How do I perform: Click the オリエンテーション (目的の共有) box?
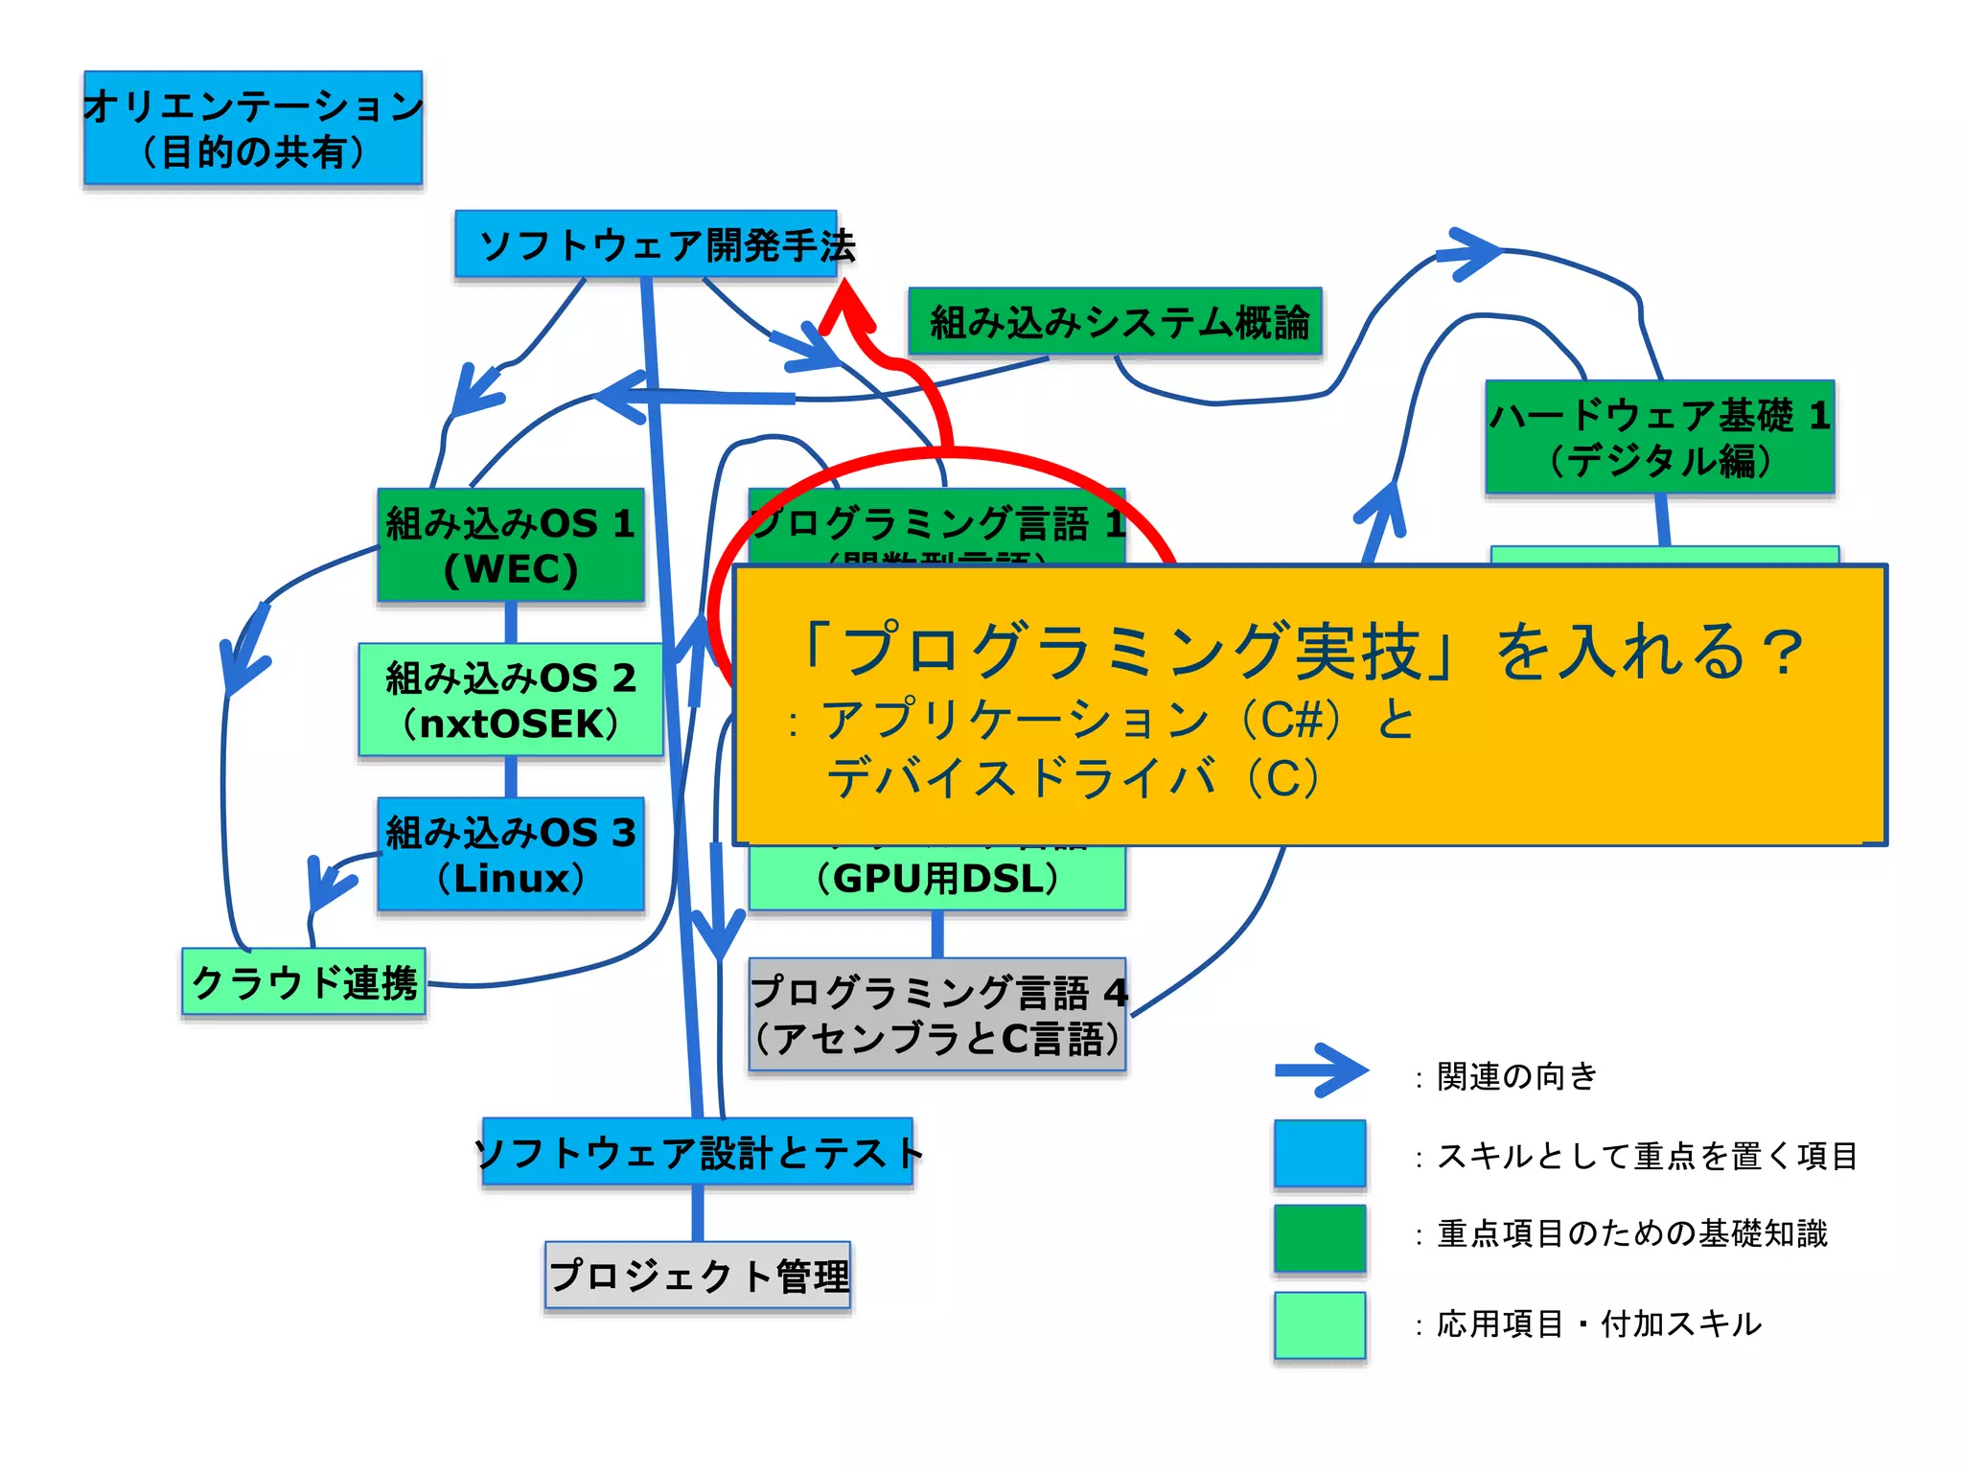click(253, 127)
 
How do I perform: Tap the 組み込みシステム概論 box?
click(1115, 322)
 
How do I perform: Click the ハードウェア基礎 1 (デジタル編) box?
click(1659, 437)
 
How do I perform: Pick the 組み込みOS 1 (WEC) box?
click(511, 545)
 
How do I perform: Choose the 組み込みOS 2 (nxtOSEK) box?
click(511, 701)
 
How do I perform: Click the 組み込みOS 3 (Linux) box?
click(511, 854)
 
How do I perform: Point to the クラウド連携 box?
click(304, 982)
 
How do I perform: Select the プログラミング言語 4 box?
click(937, 1014)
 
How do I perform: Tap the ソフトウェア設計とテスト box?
click(698, 1152)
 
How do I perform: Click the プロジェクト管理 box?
click(698, 1276)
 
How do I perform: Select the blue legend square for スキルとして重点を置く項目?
click(1320, 1153)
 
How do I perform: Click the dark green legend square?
click(1320, 1237)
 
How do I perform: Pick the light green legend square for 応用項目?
click(1320, 1324)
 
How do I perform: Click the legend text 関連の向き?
click(1516, 1076)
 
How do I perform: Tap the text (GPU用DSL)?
click(937, 879)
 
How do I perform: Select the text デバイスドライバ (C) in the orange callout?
click(1074, 777)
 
